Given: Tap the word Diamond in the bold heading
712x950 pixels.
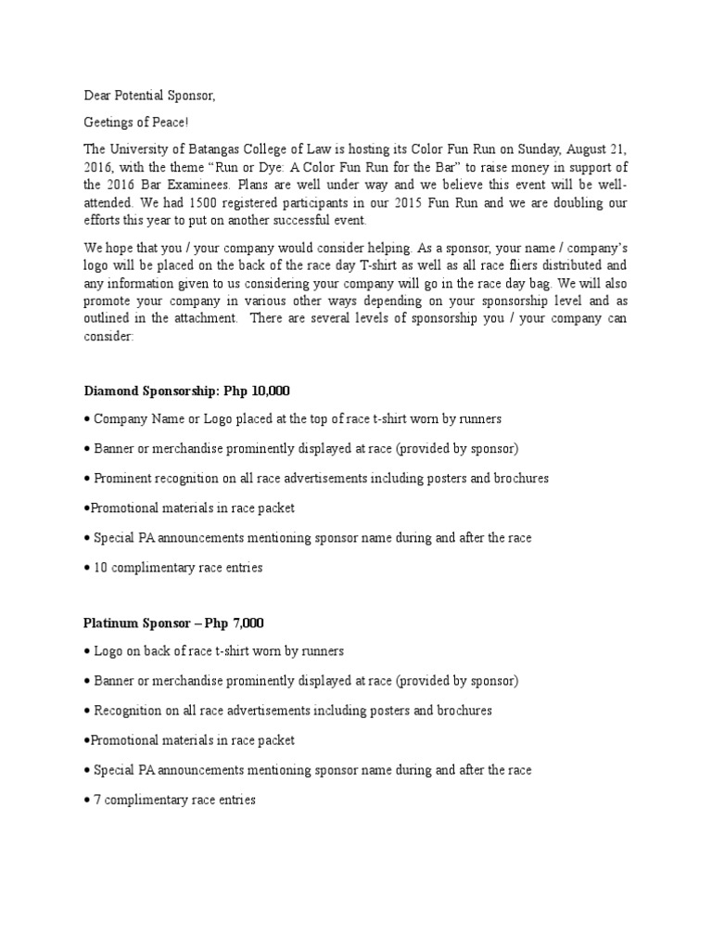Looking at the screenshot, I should click(110, 392).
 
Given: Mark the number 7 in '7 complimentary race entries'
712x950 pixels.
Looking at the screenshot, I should click(97, 799).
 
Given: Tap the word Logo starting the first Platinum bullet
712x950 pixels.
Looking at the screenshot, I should click(108, 651).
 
